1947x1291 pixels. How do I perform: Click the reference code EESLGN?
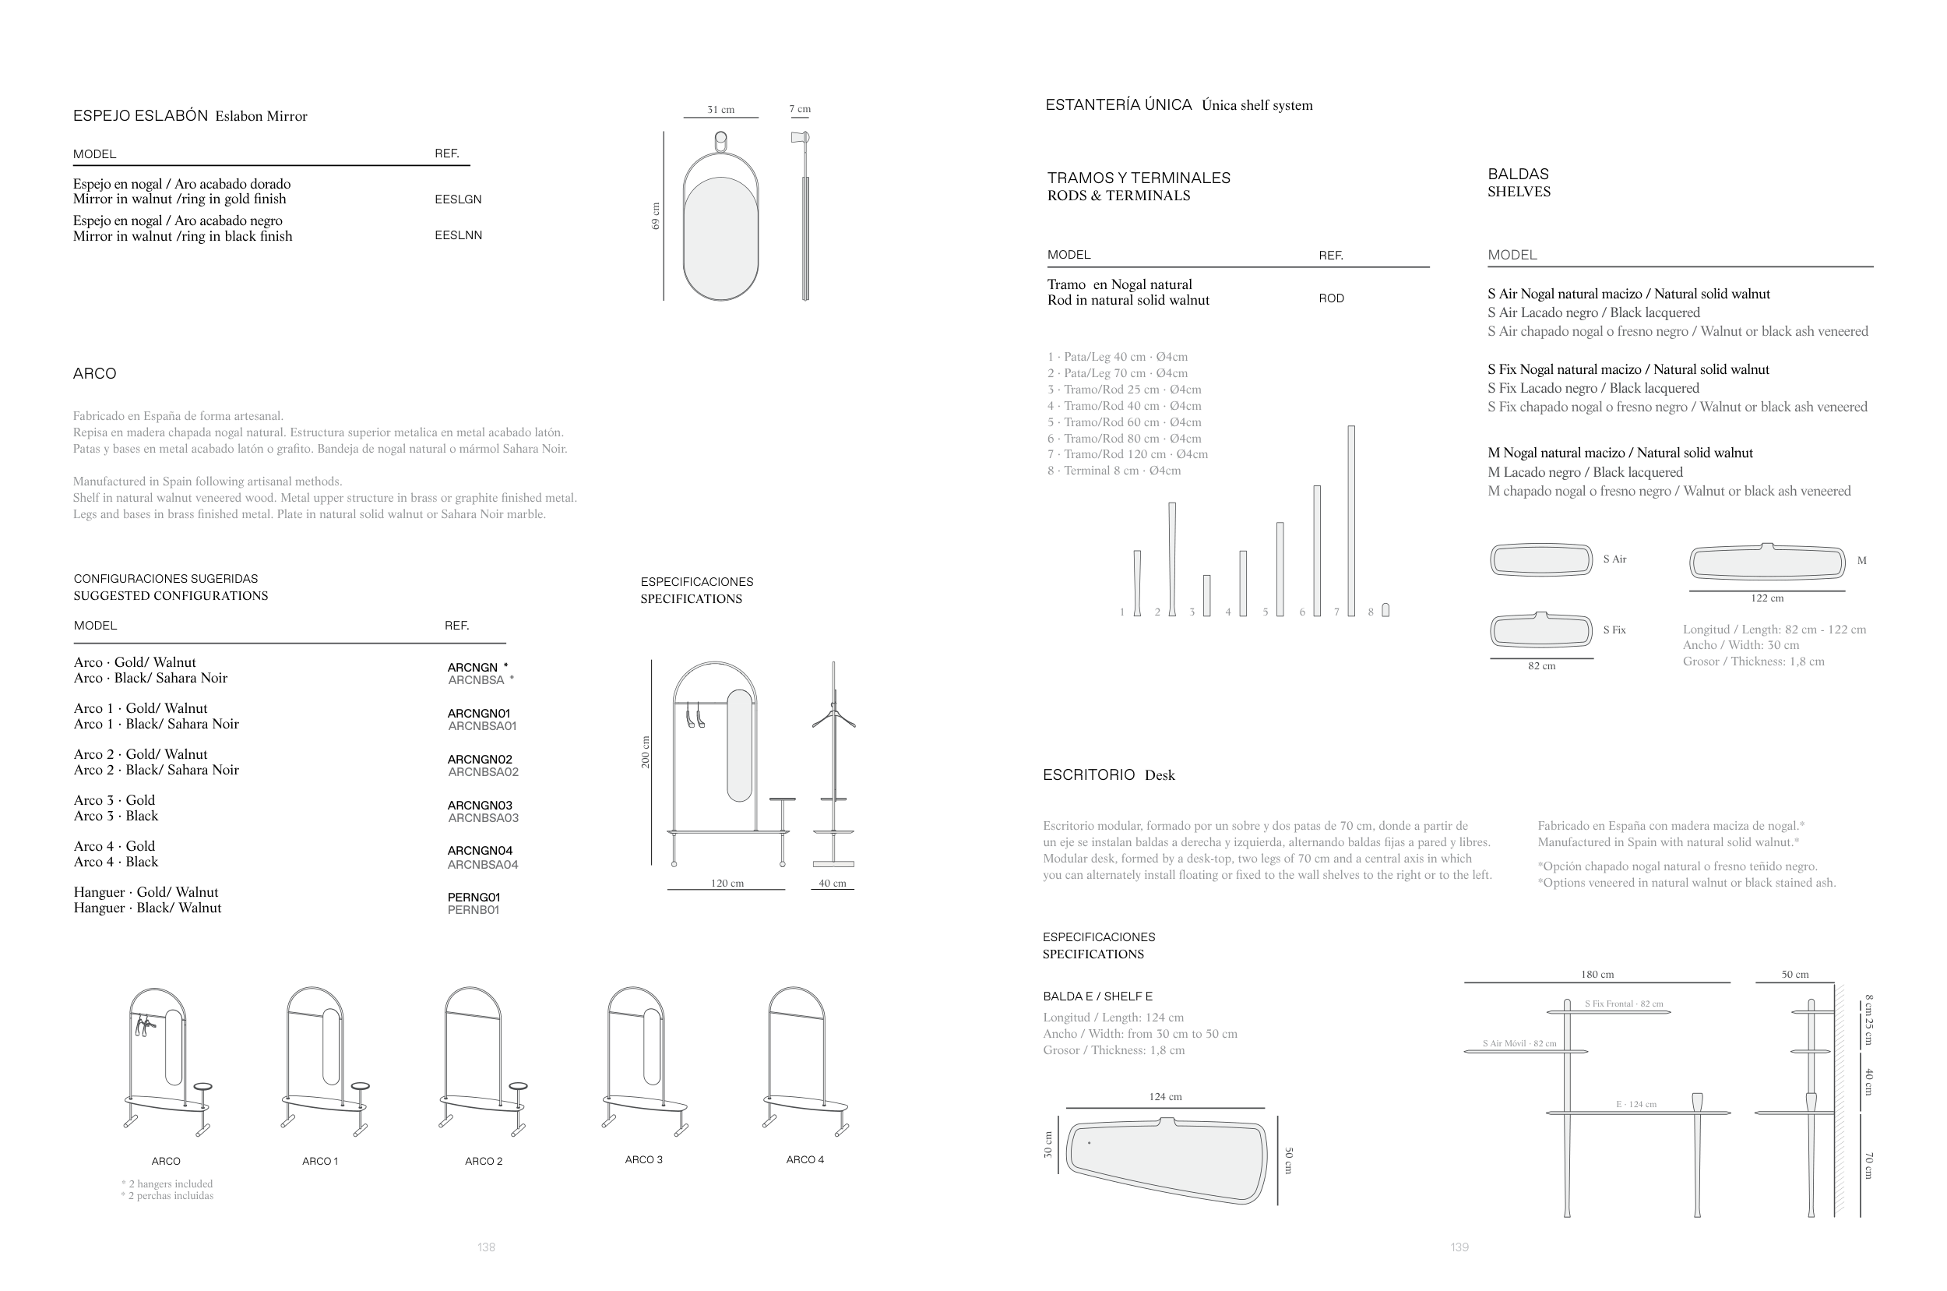point(457,199)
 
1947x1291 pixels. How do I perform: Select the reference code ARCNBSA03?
point(483,818)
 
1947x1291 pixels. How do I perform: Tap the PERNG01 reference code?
point(474,897)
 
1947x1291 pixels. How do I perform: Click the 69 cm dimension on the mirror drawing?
point(656,216)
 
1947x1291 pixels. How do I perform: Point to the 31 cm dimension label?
point(721,110)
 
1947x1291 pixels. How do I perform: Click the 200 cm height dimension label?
point(646,753)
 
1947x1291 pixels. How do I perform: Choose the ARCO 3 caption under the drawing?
point(643,1159)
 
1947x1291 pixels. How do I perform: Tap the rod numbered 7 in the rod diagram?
point(1351,520)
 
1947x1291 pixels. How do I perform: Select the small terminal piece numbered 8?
point(1385,610)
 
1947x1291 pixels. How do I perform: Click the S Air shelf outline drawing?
point(1541,560)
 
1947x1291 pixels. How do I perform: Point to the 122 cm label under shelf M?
point(1767,598)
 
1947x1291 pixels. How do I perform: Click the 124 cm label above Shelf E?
point(1165,1097)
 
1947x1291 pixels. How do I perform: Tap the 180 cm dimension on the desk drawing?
point(1597,975)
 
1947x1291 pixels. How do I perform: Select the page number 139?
point(1459,1247)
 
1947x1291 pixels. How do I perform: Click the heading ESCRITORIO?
point(1089,774)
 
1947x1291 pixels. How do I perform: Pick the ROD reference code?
point(1331,299)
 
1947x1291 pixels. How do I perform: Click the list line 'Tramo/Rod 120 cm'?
point(1128,454)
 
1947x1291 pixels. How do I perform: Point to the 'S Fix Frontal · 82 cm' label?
point(1624,1004)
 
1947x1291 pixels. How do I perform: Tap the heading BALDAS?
point(1517,174)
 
